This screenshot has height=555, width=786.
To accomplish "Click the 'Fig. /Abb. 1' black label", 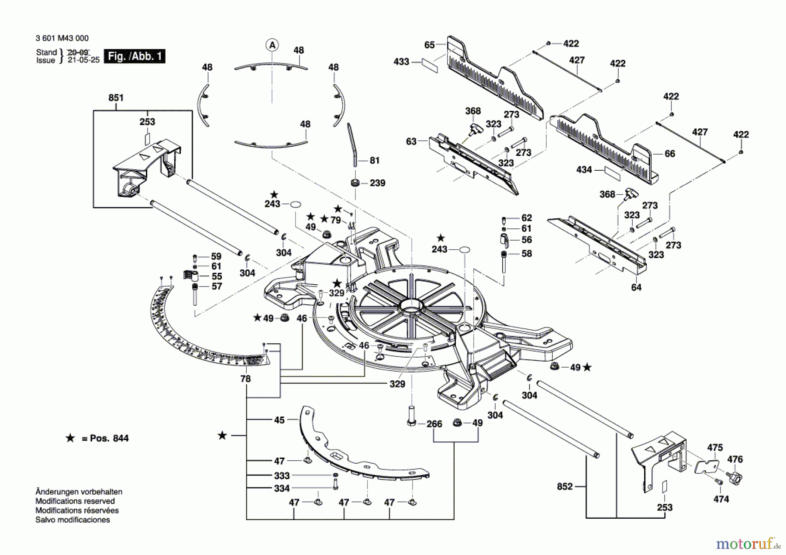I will click(x=134, y=56).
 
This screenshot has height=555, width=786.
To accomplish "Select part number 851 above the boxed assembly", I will click(x=116, y=98).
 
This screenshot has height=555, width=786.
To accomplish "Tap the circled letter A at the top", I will click(x=272, y=45).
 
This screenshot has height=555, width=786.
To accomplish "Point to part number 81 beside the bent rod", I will click(x=375, y=161).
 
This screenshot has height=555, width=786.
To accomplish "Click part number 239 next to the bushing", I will click(x=377, y=183).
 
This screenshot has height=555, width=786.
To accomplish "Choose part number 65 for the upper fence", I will click(x=430, y=45).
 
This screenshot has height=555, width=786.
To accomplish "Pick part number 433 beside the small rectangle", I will click(x=401, y=62).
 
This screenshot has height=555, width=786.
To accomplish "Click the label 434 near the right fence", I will click(x=584, y=170).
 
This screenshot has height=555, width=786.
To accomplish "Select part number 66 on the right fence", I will click(x=670, y=154).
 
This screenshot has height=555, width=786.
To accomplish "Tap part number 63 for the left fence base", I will click(x=411, y=141).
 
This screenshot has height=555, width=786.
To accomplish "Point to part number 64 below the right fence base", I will click(x=636, y=287).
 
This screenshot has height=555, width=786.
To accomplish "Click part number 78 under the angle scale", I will click(x=245, y=379).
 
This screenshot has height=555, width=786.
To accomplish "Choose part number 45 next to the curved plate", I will click(x=279, y=420).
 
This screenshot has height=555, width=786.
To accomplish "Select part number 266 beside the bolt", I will click(x=434, y=424).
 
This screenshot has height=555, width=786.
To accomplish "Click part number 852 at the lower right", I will click(x=565, y=486).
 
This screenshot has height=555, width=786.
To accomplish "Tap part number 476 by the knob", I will click(x=735, y=459).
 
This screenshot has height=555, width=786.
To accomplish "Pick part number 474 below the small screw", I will click(x=721, y=499).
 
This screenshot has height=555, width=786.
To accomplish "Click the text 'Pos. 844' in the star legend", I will click(x=109, y=438).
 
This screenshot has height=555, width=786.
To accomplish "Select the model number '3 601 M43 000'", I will click(x=62, y=38).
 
